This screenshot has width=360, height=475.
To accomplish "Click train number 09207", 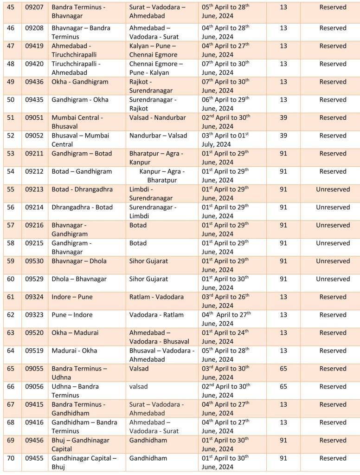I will coord(34,7).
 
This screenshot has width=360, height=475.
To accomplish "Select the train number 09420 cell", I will coord(34,64).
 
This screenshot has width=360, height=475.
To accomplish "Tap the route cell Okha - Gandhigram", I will coord(80,82).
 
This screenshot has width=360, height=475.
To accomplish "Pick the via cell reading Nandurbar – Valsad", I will coord(158,136).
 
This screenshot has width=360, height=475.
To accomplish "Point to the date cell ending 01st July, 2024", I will coord(225,140).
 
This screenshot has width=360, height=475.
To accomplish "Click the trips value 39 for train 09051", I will coord(283,117).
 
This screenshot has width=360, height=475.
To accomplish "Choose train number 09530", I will coord(34,261).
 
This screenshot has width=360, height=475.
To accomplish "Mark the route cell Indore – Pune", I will coord(72,297).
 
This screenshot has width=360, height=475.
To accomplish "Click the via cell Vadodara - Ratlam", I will coord(156,315).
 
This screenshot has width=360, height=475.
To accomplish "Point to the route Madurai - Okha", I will coord(74,351).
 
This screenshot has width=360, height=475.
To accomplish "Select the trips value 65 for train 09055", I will coord(283,369).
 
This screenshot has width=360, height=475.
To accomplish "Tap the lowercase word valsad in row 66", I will coord(139,386).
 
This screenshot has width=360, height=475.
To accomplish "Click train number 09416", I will coord(34,422).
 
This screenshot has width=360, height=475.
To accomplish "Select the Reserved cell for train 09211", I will coord(333,153).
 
